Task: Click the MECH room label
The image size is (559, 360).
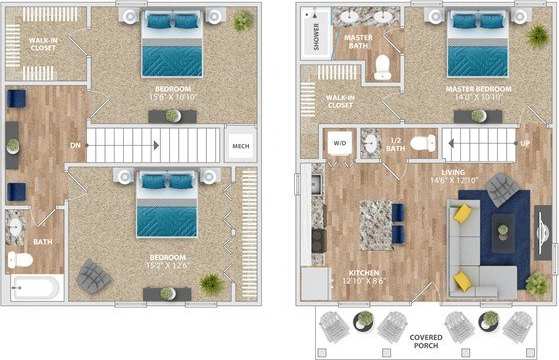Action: pyautogui.click(x=241, y=147)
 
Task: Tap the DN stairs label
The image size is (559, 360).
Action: pyautogui.click(x=76, y=145)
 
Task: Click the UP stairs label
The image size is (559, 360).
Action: pyautogui.click(x=525, y=143)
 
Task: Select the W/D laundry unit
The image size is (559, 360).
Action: pyautogui.click(x=340, y=142)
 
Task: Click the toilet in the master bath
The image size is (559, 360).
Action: pyautogui.click(x=382, y=68)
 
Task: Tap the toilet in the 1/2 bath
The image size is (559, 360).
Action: pyautogui.click(x=424, y=143)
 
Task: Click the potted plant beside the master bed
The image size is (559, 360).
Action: pyautogui.click(x=537, y=35)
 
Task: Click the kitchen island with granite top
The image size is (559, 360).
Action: pyautogui.click(x=375, y=224)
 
